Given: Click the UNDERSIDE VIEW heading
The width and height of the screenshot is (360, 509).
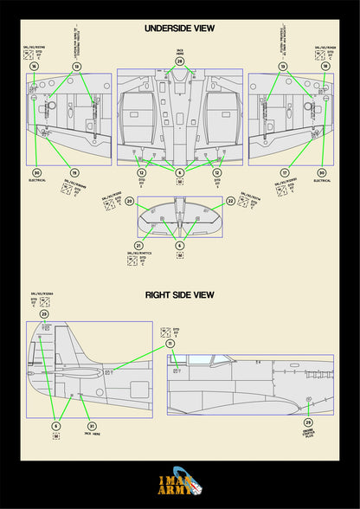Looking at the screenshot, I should [x=179, y=29].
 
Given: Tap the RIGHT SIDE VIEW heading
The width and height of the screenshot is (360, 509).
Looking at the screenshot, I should [x=179, y=295].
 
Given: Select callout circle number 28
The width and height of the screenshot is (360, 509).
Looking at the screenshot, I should [x=179, y=61].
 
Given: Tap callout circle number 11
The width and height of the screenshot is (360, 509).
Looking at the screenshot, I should [x=170, y=344].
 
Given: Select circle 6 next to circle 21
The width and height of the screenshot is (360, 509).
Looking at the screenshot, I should [x=179, y=246].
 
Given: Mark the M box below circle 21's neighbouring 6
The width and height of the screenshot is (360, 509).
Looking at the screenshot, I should [x=179, y=257].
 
